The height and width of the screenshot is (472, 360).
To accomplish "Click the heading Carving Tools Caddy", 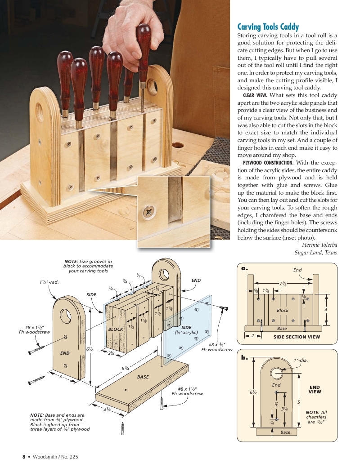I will pos(268,27).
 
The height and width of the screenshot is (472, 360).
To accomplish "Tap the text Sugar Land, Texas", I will pos(315,253).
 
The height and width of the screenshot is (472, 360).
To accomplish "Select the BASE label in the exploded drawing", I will pos(143,377).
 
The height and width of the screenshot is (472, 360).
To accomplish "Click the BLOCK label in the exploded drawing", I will pos(116,330).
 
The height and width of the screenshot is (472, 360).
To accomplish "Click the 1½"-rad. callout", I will pos(49,282).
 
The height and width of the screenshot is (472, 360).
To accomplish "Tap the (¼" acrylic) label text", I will pos(186,333).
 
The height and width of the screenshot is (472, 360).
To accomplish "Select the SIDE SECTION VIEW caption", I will pos(296,337).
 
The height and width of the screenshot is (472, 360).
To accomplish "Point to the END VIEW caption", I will pos(315,389).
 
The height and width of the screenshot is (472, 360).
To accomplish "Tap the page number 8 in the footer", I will pos(24,457).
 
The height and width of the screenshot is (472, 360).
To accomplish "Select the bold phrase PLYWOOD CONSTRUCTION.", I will pos(268,163).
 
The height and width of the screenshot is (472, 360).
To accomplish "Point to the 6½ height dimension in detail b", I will pos(253,392).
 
